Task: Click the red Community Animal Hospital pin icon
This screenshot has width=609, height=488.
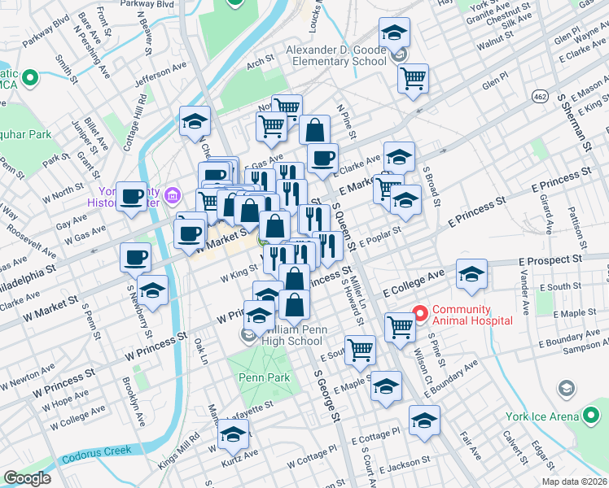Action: click(x=420, y=312)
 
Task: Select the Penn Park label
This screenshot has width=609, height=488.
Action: click(x=259, y=377)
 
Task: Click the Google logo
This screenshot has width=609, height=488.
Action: click(x=27, y=478)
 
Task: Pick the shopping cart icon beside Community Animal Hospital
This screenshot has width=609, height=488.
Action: click(x=399, y=327)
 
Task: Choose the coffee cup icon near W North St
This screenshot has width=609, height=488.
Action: click(x=132, y=195)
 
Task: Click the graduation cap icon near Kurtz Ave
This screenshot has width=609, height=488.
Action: click(x=233, y=435)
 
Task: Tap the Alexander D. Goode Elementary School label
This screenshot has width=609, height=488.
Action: click(x=335, y=55)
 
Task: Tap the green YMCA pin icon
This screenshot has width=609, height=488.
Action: click(x=31, y=79)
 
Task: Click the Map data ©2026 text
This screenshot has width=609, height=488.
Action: click(x=573, y=481)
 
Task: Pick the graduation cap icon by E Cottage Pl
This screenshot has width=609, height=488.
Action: click(x=423, y=420)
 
